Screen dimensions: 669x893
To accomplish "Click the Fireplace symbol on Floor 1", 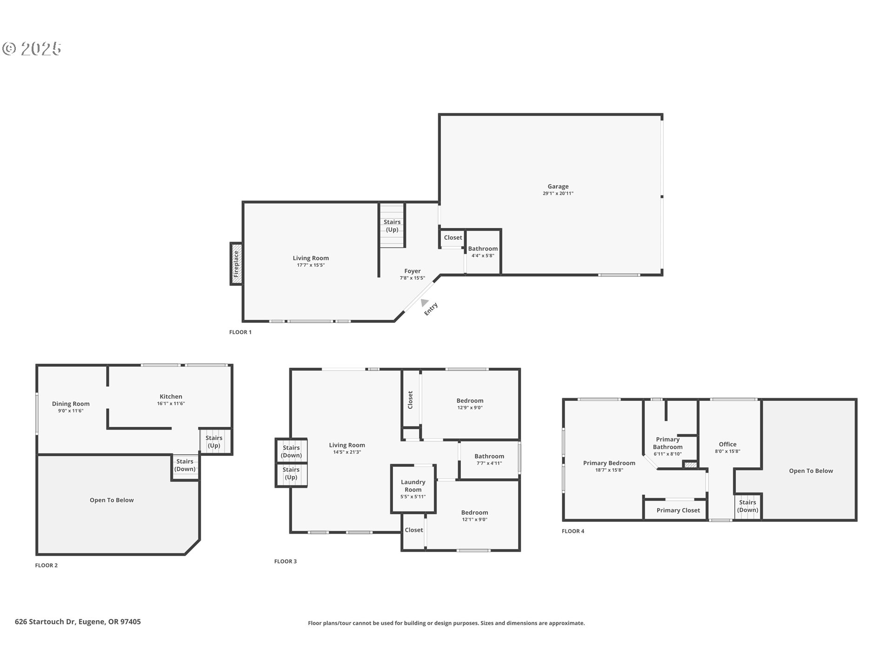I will click(x=236, y=264).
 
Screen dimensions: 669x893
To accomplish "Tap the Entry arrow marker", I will click(x=424, y=303).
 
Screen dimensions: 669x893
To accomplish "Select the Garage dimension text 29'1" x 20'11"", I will click(x=558, y=193).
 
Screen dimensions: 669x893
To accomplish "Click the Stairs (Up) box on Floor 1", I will click(x=392, y=226).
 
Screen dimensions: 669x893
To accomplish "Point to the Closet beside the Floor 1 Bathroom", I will click(x=453, y=238).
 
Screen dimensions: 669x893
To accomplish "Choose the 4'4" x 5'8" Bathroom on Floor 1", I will click(x=483, y=252).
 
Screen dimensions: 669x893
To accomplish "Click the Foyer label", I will click(x=412, y=271).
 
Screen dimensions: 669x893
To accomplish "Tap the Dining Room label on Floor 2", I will click(x=71, y=404).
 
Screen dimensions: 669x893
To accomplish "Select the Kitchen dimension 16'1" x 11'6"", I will click(x=171, y=403).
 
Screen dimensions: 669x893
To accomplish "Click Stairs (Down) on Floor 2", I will click(x=185, y=465).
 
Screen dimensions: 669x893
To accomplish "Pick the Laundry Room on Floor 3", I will click(x=413, y=489).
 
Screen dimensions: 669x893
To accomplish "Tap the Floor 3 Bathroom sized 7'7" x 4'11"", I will click(x=489, y=459).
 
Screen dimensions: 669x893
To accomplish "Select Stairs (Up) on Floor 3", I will click(x=291, y=473).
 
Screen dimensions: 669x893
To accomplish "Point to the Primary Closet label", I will click(x=678, y=510).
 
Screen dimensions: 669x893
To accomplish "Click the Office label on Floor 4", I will click(x=727, y=445).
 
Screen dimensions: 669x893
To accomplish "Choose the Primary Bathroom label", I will click(x=667, y=443).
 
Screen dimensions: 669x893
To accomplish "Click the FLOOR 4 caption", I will click(x=573, y=531).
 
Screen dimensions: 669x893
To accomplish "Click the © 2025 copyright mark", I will click(x=32, y=48).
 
